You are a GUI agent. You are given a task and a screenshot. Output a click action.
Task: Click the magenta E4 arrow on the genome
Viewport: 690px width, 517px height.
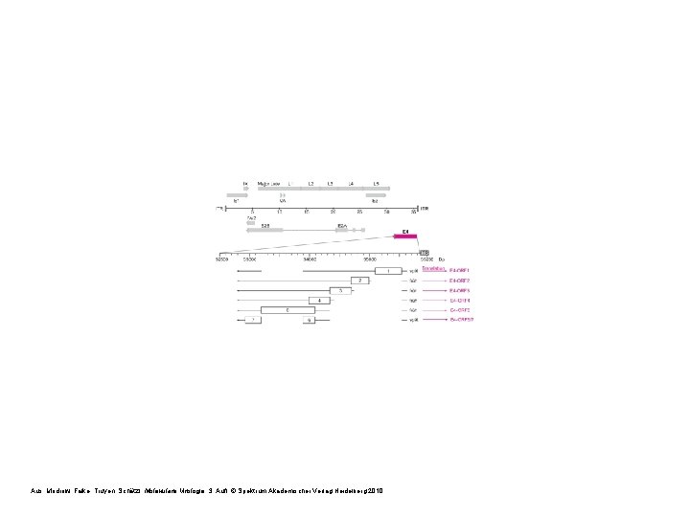click(x=405, y=236)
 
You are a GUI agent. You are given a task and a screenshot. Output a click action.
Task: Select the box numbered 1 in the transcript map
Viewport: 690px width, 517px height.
click(x=387, y=271)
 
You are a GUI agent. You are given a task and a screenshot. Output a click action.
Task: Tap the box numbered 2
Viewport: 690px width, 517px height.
click(x=359, y=281)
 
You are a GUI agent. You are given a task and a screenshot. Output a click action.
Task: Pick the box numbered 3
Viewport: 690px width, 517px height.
click(x=340, y=290)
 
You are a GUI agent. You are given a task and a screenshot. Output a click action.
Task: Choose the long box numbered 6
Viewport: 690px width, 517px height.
click(x=287, y=310)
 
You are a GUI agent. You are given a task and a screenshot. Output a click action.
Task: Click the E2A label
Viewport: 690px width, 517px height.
click(x=341, y=226)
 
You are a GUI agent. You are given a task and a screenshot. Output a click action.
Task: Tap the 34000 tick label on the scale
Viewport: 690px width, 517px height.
click(x=310, y=258)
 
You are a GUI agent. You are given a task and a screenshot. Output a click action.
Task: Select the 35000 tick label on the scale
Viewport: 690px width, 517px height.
click(x=371, y=258)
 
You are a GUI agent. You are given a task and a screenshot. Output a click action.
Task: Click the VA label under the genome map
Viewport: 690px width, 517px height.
click(x=283, y=201)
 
